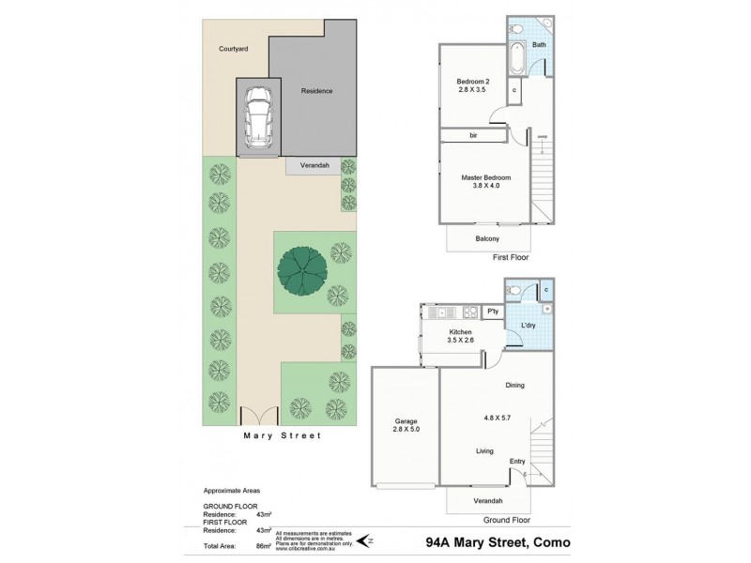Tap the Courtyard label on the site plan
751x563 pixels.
point(233,49)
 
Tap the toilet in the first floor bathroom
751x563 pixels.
point(516,28)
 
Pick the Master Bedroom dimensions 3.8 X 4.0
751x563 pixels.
point(485,186)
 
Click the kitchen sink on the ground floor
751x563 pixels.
point(441,312)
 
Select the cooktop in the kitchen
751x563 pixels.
point(467,312)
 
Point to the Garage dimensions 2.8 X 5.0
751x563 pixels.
point(406,432)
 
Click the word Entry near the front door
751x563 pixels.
point(517,461)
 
